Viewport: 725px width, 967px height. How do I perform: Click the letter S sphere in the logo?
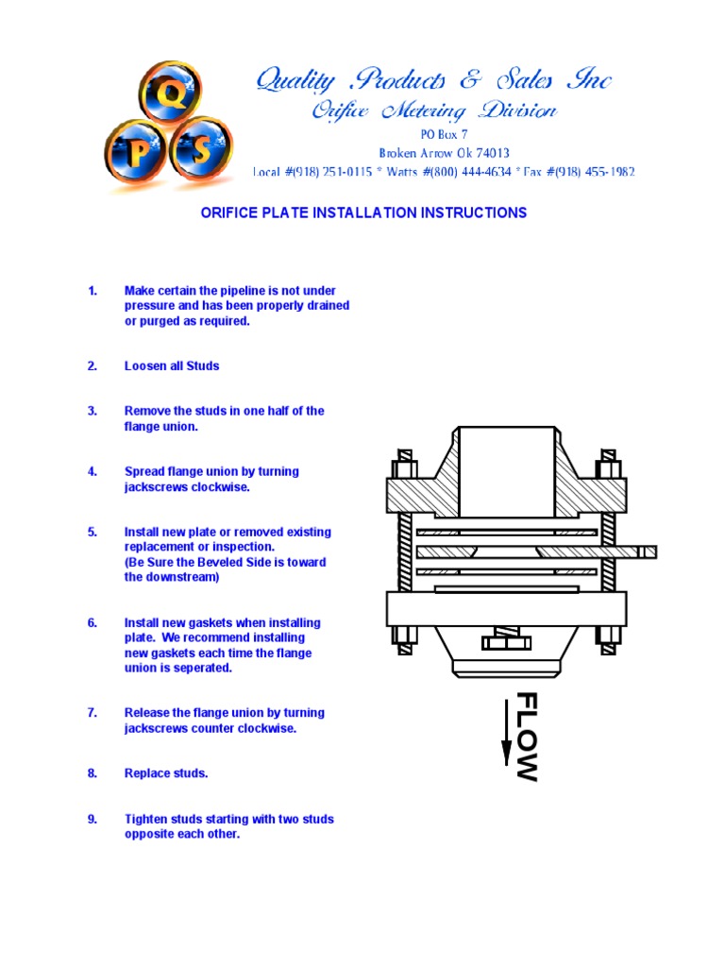point(200,148)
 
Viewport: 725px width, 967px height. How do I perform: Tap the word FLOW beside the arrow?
point(527,738)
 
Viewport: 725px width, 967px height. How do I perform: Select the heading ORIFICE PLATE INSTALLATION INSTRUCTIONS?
point(363,213)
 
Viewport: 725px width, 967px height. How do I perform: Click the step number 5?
point(93,533)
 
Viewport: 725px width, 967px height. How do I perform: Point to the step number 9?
point(93,820)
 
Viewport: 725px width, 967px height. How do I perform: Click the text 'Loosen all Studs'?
point(172,366)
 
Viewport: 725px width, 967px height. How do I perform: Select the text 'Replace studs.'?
point(166,774)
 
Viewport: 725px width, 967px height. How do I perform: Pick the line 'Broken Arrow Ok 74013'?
point(444,153)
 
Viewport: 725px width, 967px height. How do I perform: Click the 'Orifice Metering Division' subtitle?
point(434,111)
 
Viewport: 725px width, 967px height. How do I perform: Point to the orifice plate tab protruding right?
point(641,551)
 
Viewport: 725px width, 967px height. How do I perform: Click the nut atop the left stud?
point(404,468)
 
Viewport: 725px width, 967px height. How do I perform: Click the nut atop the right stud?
point(609,468)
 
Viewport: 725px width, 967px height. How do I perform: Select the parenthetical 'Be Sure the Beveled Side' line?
point(226,563)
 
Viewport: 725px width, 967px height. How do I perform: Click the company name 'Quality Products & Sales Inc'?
point(434,81)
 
